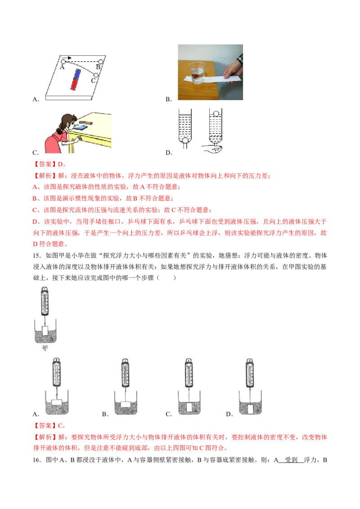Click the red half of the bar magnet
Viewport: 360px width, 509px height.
(74, 85)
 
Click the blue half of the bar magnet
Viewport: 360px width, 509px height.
(77, 74)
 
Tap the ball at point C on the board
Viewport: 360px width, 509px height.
(96, 76)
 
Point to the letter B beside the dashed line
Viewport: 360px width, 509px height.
(98, 67)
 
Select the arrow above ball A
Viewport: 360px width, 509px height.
(66, 58)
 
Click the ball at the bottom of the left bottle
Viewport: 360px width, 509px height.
(185, 140)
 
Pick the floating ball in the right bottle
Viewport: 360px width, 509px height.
(216, 114)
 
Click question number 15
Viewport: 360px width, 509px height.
(36, 255)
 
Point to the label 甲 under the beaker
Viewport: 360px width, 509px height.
(45, 348)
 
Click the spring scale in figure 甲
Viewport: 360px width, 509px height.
(45, 301)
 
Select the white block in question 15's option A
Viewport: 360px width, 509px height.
(57, 402)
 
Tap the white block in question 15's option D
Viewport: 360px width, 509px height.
(251, 409)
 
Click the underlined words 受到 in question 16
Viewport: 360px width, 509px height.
(291, 460)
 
